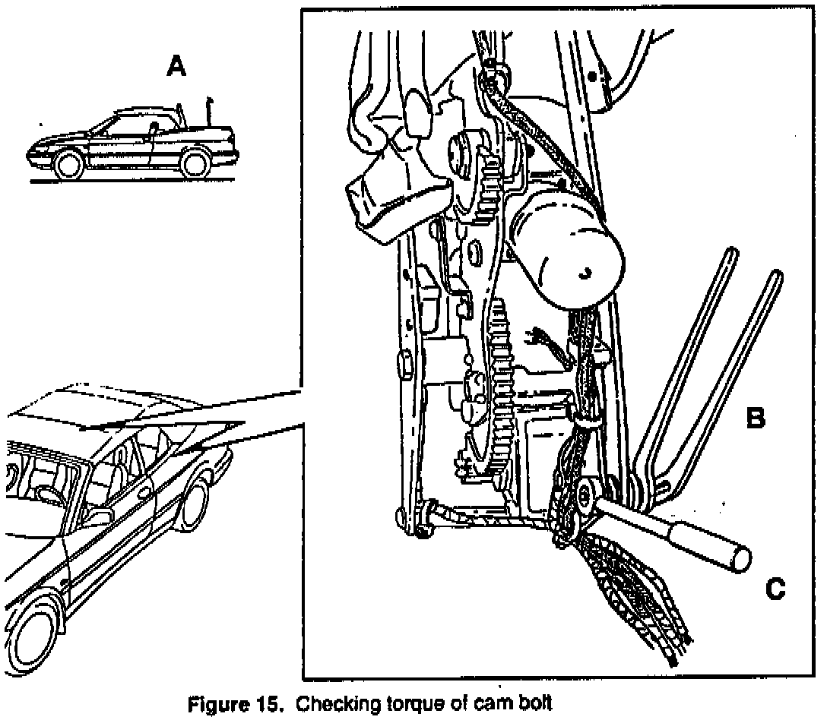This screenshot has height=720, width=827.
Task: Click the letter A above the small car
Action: click(176, 68)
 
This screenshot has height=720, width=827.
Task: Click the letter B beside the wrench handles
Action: click(756, 418)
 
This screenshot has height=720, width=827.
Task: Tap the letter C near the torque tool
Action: click(775, 588)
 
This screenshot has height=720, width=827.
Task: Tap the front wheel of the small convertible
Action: click(69, 164)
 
